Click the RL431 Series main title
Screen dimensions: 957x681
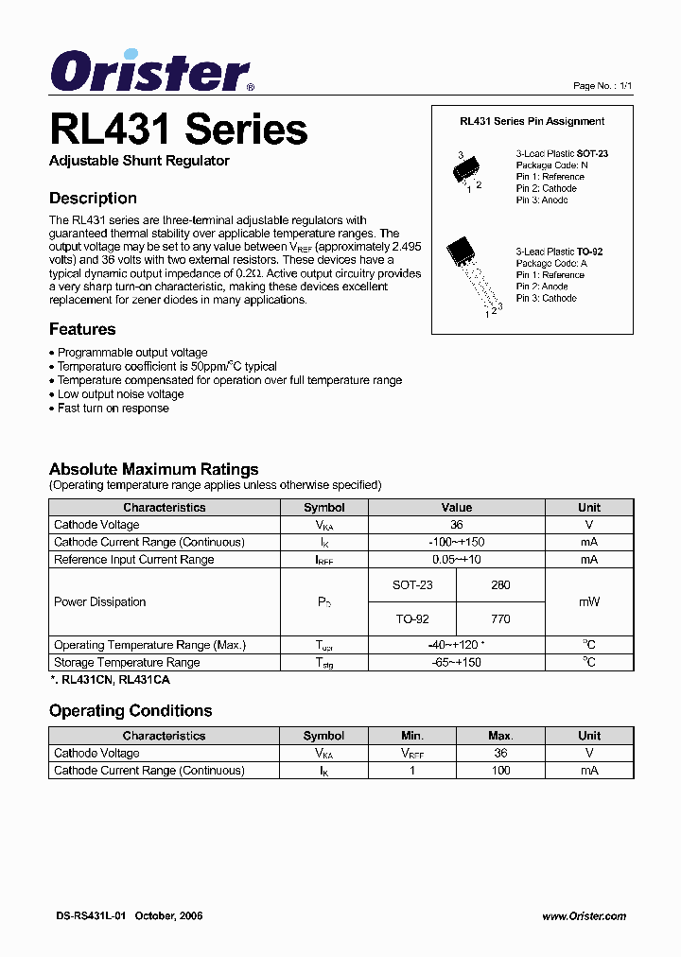point(178,130)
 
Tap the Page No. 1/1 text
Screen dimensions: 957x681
point(602,86)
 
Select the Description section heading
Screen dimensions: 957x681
point(93,199)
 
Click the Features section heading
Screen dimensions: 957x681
point(82,329)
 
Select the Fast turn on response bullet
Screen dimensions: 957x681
point(113,409)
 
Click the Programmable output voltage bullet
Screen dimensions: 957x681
point(131,352)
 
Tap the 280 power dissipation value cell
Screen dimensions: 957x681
point(500,585)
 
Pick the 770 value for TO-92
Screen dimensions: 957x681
point(500,619)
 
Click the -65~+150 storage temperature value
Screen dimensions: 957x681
point(456,663)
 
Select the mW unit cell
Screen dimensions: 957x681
point(589,602)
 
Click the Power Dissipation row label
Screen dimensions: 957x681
point(100,602)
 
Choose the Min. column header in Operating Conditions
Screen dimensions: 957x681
point(412,736)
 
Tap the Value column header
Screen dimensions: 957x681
point(456,508)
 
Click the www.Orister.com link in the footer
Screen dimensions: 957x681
point(584,916)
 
